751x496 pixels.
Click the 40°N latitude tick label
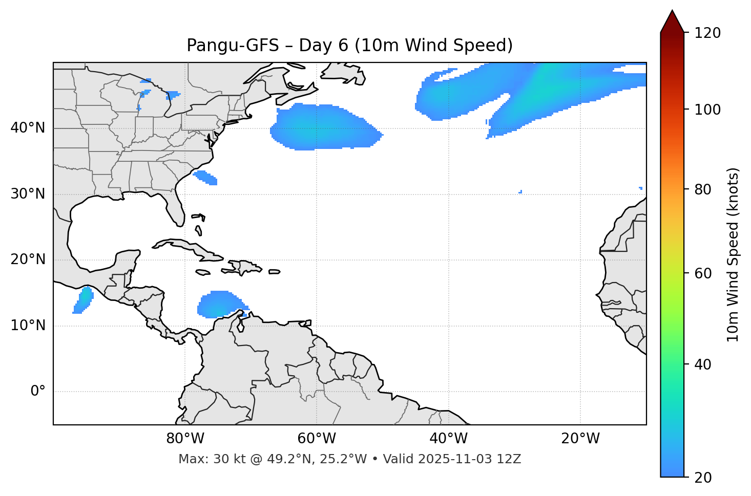pyautogui.click(x=28, y=128)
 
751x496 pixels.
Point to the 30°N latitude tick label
pyautogui.click(x=28, y=194)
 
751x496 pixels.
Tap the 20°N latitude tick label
pyautogui.click(x=28, y=260)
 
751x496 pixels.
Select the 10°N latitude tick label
pyautogui.click(x=28, y=326)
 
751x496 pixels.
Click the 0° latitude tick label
pyautogui.click(x=37, y=392)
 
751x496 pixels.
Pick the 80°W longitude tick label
pyautogui.click(x=185, y=439)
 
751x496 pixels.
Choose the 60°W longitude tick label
pyautogui.click(x=317, y=439)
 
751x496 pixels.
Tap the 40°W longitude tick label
pyautogui.click(x=448, y=439)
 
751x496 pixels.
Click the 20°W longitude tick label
pyautogui.click(x=580, y=439)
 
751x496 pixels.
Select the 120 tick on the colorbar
pyautogui.click(x=709, y=33)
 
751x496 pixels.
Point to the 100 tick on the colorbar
pyautogui.click(x=709, y=110)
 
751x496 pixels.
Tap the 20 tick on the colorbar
pyautogui.click(x=704, y=478)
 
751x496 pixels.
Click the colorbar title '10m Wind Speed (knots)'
pyautogui.click(x=733, y=254)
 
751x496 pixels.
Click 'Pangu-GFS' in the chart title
pyautogui.click(x=233, y=46)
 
